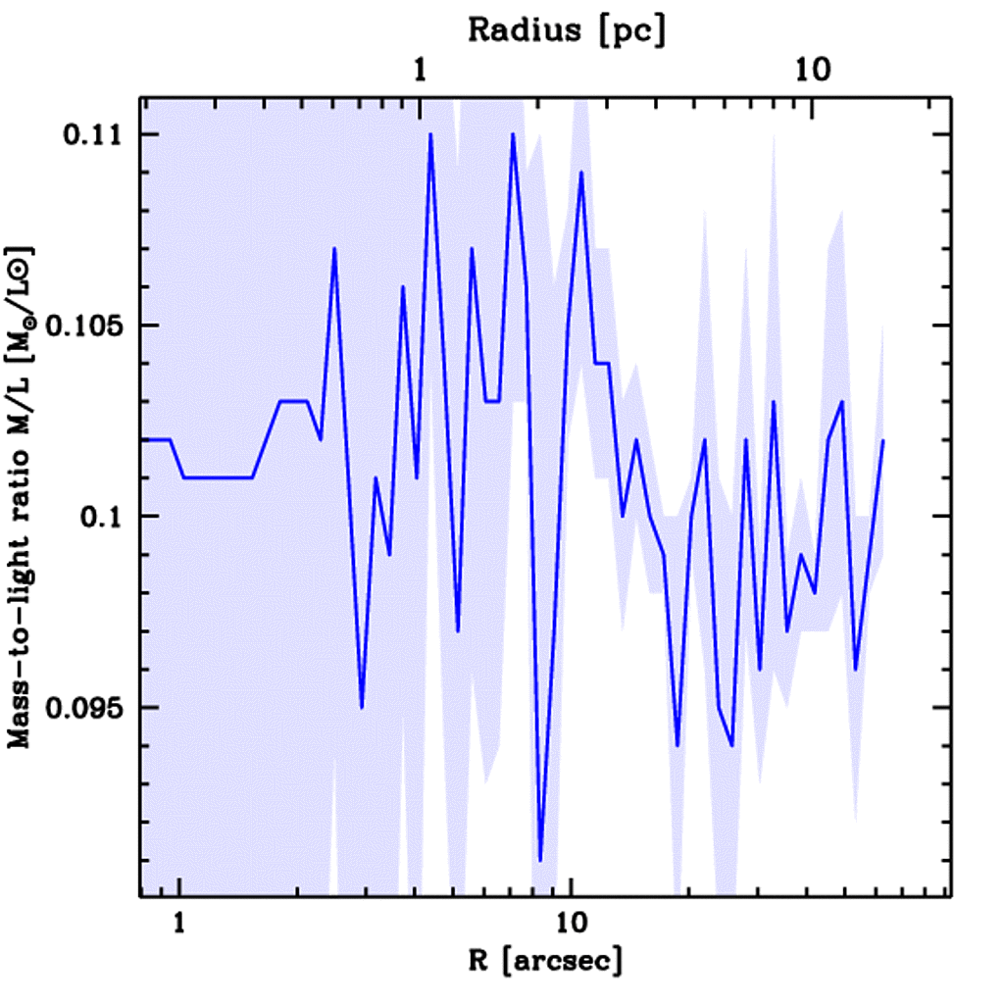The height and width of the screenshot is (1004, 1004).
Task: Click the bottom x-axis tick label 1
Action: [178, 923]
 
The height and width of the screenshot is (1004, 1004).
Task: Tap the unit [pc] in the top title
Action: [634, 30]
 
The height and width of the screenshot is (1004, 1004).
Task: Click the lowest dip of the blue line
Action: [540, 860]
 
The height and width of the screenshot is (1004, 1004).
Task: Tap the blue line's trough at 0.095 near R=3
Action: [362, 707]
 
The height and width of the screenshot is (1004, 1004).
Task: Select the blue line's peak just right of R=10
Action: [581, 173]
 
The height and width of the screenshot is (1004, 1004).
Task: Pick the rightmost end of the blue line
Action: [883, 440]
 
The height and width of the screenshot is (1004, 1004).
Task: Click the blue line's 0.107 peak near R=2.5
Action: [334, 249]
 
